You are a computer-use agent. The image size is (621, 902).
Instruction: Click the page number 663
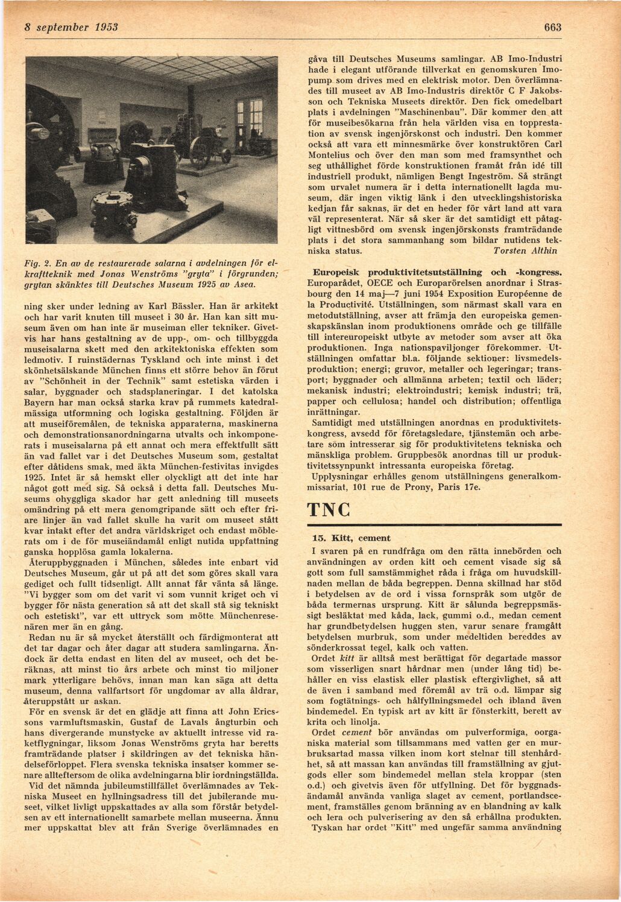(552, 28)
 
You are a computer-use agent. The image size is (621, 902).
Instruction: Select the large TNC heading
(329, 510)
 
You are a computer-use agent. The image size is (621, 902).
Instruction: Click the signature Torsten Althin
(525, 250)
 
